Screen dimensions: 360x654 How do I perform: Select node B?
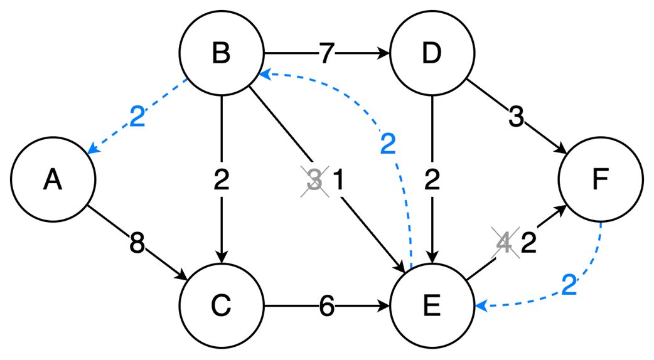point(221,54)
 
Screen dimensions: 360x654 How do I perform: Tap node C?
point(221,306)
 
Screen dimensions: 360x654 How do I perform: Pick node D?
point(432,54)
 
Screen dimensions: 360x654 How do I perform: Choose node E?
point(432,306)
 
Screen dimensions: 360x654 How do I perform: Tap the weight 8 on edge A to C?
point(136,243)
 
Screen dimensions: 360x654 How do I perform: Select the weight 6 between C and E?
point(326,306)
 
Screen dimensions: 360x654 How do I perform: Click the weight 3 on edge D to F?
point(515,117)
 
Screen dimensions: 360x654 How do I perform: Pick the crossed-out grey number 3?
point(314,181)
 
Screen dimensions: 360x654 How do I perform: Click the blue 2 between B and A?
point(137,117)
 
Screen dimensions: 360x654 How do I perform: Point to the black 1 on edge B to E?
point(339,181)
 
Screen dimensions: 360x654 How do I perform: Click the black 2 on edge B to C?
point(221,181)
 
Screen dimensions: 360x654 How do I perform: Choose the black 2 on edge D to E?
point(432,181)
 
